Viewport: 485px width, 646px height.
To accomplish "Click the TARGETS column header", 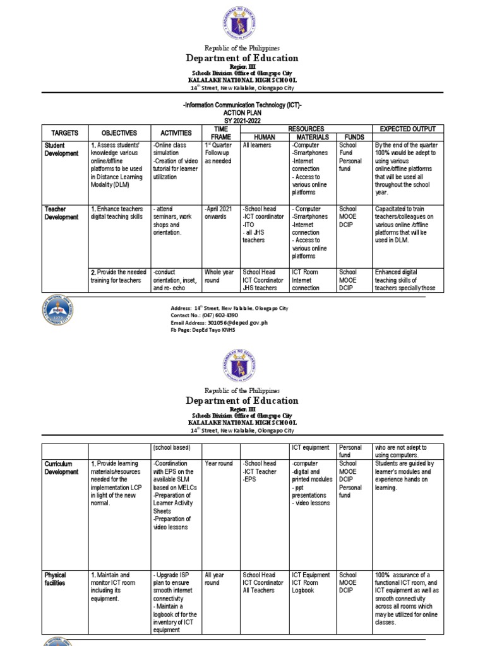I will [61, 133].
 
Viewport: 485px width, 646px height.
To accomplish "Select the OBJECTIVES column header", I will [119, 133].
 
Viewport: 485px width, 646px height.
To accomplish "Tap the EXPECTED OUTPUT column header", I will [407, 129].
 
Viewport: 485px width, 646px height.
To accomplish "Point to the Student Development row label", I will [61, 150].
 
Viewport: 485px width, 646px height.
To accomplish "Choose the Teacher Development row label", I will [61, 213].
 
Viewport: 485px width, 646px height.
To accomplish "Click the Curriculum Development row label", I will [62, 467].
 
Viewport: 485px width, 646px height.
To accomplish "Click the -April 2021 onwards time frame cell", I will [220, 213].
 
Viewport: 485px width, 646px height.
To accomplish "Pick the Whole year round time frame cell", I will [220, 276].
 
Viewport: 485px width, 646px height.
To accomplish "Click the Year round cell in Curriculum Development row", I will [219, 464].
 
